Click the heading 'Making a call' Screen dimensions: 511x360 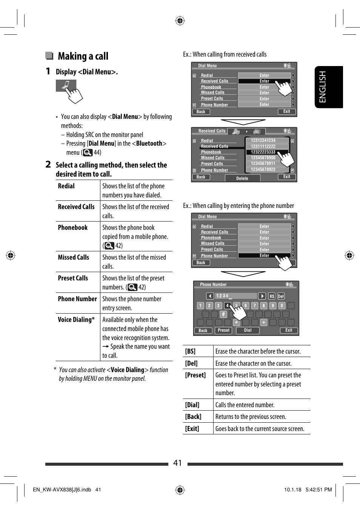click(83, 56)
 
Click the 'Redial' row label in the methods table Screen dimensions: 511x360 click(66, 186)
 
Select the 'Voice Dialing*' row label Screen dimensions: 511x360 click(76, 320)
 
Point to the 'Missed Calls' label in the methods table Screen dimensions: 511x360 click(74, 257)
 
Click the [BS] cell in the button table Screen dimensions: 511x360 click(190, 351)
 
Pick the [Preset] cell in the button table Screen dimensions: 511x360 click(195, 375)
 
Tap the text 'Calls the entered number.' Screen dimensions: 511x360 click(245, 405)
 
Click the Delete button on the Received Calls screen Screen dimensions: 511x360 click(242, 179)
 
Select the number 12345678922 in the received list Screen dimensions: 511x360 click(263, 169)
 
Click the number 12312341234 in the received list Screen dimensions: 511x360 click(263, 140)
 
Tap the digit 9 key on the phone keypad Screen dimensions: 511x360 click(272, 306)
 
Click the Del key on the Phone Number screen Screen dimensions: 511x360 click(281, 296)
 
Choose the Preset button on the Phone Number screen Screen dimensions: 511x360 click(223, 330)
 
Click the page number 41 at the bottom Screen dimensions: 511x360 click(178, 463)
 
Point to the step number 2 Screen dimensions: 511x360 click(48, 165)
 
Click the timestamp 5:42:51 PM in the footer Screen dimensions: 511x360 click(318, 489)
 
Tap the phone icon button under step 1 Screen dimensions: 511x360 click(66, 86)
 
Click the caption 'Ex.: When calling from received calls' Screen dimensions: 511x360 click(225, 54)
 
